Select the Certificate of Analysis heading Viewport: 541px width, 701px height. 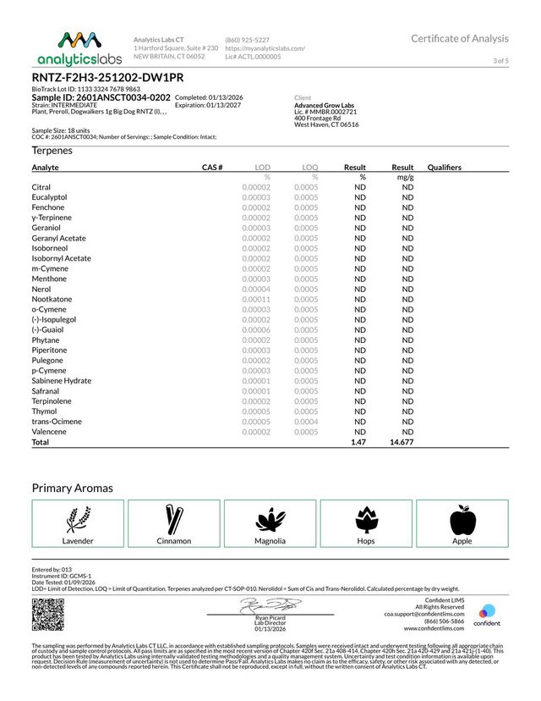[460, 38]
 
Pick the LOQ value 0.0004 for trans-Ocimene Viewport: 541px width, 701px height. [306, 422]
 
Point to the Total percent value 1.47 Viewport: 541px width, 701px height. [358, 442]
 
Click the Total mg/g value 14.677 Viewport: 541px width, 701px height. [401, 442]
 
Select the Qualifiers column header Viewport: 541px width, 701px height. [445, 168]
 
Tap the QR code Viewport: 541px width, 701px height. [46, 613]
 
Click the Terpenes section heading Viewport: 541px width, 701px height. [52, 150]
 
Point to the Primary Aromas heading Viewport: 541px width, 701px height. [72, 488]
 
